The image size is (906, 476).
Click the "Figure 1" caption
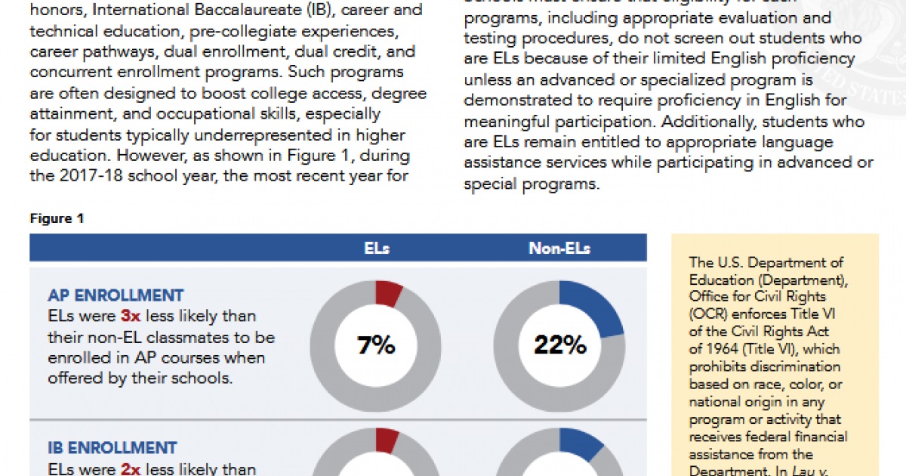pyautogui.click(x=57, y=219)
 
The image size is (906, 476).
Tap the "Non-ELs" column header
pyautogui.click(x=559, y=248)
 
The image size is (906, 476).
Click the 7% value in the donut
pyautogui.click(x=376, y=345)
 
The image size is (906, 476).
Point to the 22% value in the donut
pyautogui.click(x=560, y=345)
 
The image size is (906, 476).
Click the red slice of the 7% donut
pyautogui.click(x=388, y=293)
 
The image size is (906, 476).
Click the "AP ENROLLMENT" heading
pyautogui.click(x=116, y=295)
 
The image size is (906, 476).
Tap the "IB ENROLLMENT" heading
pyautogui.click(x=112, y=448)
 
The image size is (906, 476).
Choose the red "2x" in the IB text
pyautogui.click(x=131, y=469)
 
